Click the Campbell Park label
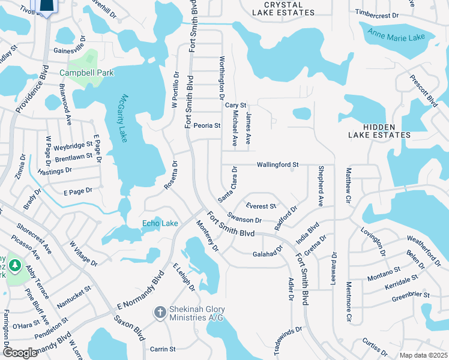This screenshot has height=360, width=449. [86, 73]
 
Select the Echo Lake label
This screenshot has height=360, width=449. [160, 224]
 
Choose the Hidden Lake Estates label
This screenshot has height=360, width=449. [379, 130]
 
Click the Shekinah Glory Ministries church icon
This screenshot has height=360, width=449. [160, 312]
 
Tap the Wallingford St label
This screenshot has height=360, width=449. [278, 164]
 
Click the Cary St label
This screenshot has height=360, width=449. [236, 105]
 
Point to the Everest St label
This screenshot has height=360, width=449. [261, 206]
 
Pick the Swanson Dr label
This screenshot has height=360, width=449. [244, 220]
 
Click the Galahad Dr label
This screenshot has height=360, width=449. [268, 254]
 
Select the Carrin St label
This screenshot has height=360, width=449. [162, 349]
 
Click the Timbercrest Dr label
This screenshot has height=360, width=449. [377, 14]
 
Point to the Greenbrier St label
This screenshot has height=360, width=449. [411, 295]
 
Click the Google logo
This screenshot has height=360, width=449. [20, 353]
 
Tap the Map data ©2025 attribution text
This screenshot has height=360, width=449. [423, 355]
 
